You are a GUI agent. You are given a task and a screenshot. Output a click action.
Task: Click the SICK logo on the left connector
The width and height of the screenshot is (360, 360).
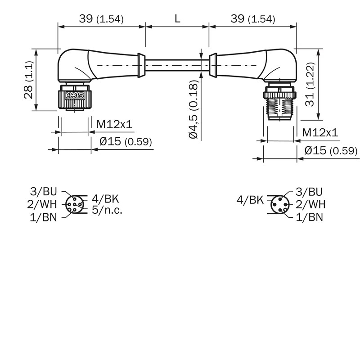point(75,95)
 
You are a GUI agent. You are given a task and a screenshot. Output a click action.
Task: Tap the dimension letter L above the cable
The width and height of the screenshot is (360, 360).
point(177,19)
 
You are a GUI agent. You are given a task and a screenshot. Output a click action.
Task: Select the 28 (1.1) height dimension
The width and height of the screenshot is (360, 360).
point(29,80)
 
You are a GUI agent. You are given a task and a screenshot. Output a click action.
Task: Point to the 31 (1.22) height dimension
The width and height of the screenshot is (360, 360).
point(310,84)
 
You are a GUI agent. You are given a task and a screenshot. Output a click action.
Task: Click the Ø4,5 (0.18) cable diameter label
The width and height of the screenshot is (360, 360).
point(193,109)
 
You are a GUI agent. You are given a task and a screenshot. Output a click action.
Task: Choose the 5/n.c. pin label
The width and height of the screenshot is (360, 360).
point(107,210)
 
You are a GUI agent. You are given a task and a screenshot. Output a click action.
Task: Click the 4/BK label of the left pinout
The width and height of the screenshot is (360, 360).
point(105,199)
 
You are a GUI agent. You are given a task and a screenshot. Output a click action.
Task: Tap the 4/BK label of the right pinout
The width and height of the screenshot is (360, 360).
point(250,200)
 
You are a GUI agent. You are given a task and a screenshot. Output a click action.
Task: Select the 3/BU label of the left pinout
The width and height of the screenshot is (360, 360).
point(43,192)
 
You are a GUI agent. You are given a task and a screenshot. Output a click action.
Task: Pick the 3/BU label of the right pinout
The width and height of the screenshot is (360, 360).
point(309,192)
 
